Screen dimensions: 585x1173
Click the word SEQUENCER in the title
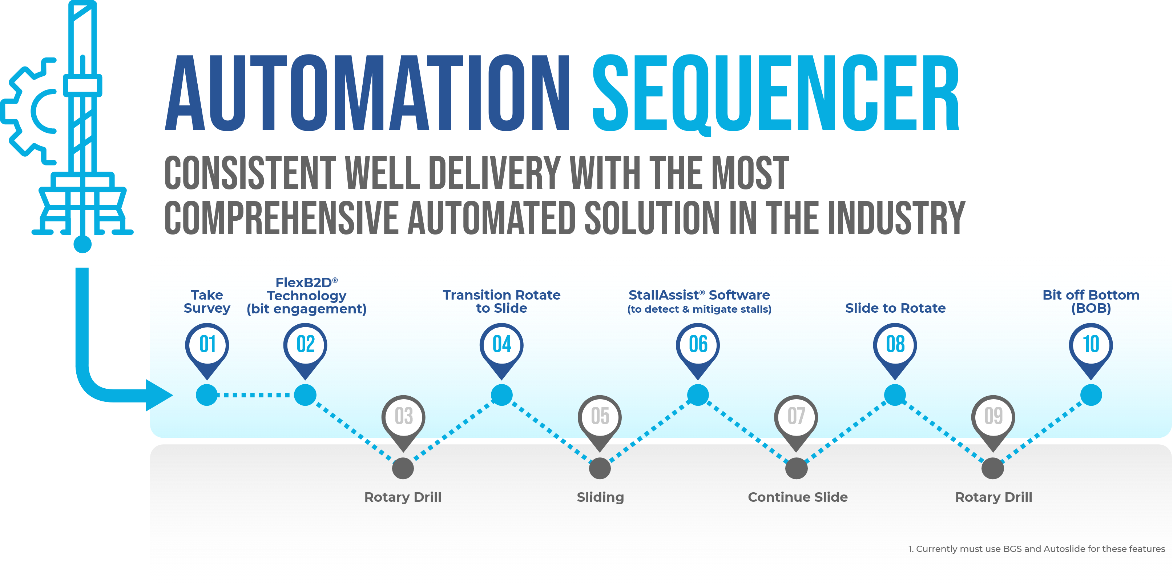coord(775,93)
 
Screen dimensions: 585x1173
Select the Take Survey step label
coord(207,302)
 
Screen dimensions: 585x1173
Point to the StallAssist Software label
coord(699,302)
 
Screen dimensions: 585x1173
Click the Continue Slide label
coord(797,497)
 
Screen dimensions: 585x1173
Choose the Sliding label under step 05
coord(600,497)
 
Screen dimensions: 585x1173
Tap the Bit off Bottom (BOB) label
coord(1091,302)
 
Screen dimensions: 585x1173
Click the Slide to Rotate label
coord(895,308)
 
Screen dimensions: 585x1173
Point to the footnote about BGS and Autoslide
coord(1036,549)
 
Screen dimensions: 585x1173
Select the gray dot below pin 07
coord(797,468)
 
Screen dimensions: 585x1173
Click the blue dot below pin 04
coord(502,395)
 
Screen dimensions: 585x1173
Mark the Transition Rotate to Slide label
coord(501,302)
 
